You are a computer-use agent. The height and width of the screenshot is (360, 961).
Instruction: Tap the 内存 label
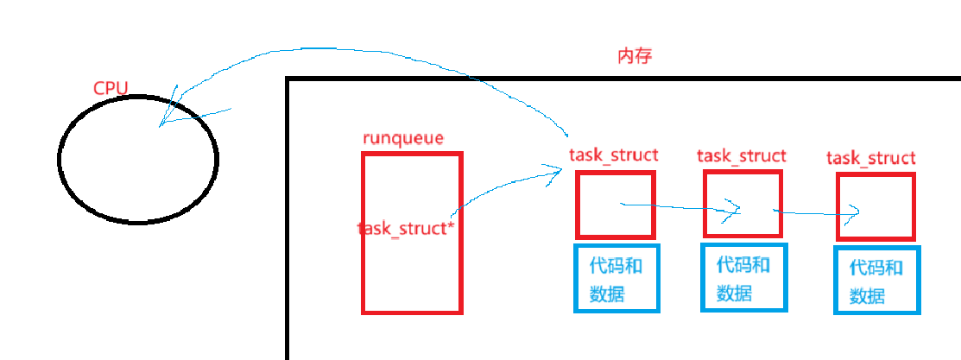634,57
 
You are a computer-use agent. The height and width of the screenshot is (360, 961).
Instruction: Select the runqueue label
403,138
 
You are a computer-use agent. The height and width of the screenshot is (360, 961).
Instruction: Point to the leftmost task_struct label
613,155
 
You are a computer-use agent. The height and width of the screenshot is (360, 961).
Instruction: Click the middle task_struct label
741,155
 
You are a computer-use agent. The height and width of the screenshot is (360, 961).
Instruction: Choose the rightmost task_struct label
870,158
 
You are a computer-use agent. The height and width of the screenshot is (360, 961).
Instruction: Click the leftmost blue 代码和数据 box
616,278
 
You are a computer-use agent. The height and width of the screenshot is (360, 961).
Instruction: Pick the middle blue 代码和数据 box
743,278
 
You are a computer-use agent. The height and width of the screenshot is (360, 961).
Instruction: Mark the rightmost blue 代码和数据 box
876,280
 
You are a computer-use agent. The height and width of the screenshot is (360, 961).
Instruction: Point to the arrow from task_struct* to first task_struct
505,185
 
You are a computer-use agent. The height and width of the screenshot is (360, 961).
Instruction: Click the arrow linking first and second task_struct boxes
682,206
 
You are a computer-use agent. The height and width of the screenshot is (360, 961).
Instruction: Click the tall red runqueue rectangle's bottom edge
412,312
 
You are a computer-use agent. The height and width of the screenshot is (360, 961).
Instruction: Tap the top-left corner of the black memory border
288,79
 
